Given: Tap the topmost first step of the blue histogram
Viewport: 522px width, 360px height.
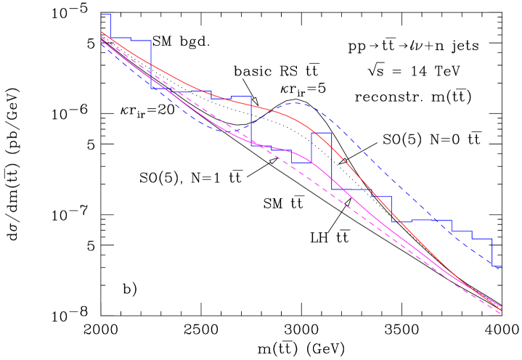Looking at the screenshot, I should pyautogui.click(x=106, y=15).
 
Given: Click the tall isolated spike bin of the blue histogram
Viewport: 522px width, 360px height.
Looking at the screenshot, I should pyautogui.click(x=322, y=133).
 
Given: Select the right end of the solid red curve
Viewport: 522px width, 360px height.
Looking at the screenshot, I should pyautogui.click(x=502, y=306).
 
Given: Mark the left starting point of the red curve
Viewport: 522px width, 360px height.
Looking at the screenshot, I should pyautogui.click(x=102, y=32).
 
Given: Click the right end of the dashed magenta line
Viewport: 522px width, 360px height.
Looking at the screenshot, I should pyautogui.click(x=501, y=313).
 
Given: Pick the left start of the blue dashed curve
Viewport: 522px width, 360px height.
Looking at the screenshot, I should pyautogui.click(x=102, y=44).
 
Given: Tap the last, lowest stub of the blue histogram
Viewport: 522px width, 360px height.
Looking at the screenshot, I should pyautogui.click(x=497, y=266).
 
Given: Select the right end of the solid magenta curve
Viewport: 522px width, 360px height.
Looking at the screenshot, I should pyautogui.click(x=502, y=308).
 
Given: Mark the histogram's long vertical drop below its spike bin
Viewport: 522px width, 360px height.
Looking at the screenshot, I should pyautogui.click(x=332, y=161).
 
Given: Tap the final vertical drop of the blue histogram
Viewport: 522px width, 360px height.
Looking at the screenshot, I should pyautogui.click(x=493, y=252).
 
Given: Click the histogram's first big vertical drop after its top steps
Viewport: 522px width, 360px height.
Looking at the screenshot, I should pyautogui.click(x=152, y=65).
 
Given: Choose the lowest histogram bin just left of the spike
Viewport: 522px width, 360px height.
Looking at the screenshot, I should pyautogui.click(x=301, y=163).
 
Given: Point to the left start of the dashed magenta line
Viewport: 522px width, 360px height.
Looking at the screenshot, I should pyautogui.click(x=102, y=37).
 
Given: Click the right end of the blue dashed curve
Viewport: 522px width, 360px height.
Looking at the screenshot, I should pyautogui.click(x=501, y=267).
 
